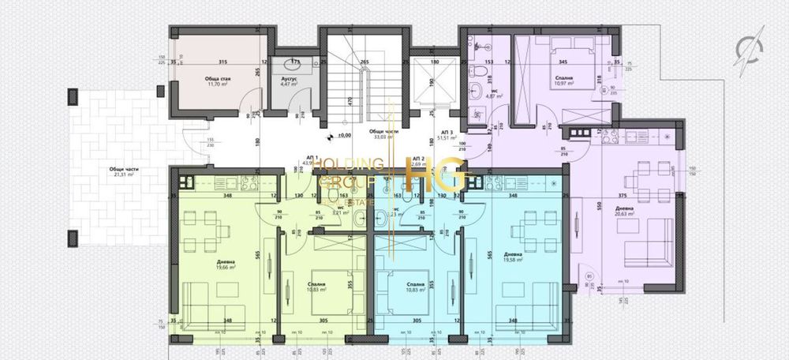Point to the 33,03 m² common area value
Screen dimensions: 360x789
tap(383, 136)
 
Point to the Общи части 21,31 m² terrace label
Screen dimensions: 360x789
tap(122, 172)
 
